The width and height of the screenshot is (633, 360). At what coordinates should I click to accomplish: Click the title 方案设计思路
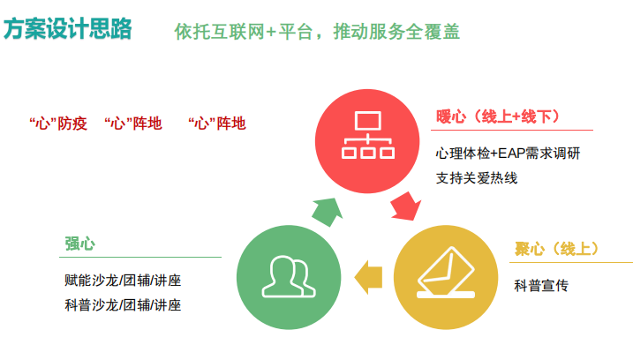pos(67,28)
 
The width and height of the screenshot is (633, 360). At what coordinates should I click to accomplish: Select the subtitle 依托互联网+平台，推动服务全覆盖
pos(317,32)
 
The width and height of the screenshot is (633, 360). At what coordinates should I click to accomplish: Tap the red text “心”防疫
pos(58,124)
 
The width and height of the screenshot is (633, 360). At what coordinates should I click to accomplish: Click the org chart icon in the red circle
pos(368,135)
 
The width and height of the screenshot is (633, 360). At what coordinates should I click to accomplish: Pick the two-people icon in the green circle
pos(289,277)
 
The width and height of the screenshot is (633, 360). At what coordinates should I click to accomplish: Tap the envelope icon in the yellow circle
pos(446,273)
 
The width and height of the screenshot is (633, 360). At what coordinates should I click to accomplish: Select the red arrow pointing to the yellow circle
pos(406,206)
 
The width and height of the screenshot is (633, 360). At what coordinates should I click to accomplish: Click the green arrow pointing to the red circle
pos(328,212)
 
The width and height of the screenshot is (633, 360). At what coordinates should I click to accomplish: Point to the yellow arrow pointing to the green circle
pos(368,277)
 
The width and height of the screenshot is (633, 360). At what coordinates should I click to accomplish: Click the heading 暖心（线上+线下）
pos(498,116)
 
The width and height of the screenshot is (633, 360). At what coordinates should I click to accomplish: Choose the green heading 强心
pos(80,244)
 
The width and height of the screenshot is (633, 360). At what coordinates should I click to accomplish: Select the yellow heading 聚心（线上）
pos(556,249)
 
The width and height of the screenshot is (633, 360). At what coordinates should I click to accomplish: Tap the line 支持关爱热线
pos(477,178)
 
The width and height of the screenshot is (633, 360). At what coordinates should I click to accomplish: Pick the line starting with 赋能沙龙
pos(123,280)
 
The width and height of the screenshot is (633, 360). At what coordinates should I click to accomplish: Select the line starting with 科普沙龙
pos(123,305)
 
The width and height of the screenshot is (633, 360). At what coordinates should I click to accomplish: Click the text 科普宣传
pos(541,286)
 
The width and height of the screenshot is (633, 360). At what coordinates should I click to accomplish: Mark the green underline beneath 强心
pos(140,257)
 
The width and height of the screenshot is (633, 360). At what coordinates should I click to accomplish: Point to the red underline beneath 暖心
pos(512,131)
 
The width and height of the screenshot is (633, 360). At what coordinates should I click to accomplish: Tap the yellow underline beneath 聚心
pos(571,262)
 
